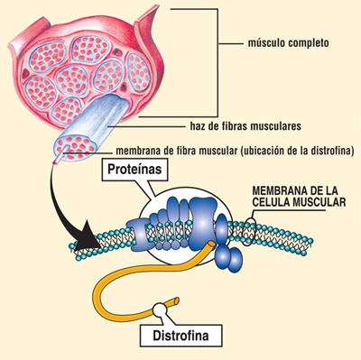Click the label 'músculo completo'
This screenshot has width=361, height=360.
289,42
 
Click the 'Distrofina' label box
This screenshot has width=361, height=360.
180,338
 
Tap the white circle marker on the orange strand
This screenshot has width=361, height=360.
160,310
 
